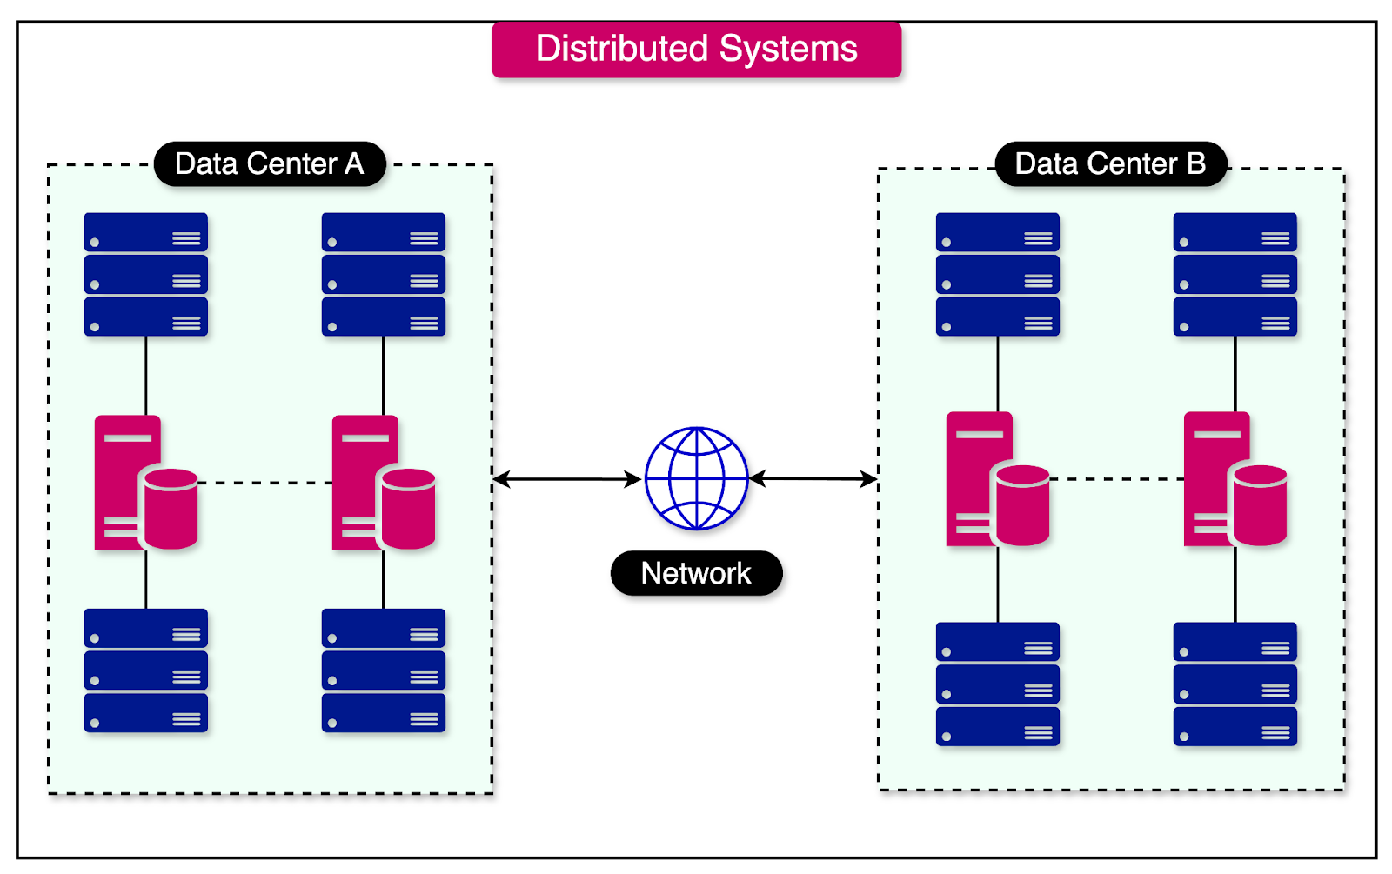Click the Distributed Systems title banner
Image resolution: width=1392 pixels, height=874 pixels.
[x=696, y=50]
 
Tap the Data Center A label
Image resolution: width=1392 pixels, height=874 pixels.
[x=270, y=163]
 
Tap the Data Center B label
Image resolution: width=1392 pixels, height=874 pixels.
[x=1110, y=163]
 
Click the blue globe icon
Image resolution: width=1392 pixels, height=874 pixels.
[x=696, y=478]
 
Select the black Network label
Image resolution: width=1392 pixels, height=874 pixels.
[x=696, y=573]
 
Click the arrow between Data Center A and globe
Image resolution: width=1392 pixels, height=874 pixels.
[x=566, y=478]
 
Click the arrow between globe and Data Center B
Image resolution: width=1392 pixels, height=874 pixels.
[x=813, y=478]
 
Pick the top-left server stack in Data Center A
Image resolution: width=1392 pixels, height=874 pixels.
[x=145, y=274]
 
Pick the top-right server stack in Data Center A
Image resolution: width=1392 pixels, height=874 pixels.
[x=383, y=274]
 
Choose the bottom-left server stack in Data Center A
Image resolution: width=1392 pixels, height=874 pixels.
[x=145, y=671]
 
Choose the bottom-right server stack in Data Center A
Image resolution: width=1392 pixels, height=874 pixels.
[x=383, y=671]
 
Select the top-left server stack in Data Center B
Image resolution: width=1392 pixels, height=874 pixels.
[x=997, y=274]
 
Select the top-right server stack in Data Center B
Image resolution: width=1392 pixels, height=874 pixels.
[x=1235, y=274]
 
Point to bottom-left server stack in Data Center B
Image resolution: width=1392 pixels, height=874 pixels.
[x=997, y=684]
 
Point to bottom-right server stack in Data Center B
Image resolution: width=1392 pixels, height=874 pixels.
[x=1235, y=684]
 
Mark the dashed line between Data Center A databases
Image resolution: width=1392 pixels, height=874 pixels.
[x=264, y=483]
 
